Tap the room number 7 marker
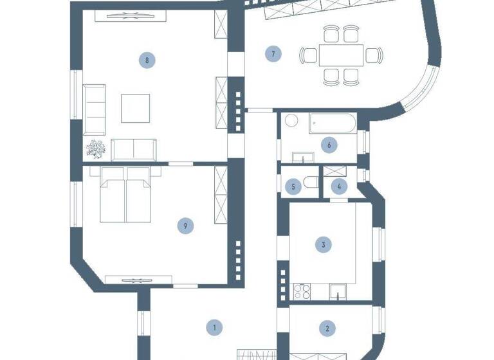coord(273,54)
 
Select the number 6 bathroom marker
coord(329,145)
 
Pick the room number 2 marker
coord(327,328)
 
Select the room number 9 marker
coord(185,225)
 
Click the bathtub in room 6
coord(332,123)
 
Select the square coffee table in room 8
coord(136,108)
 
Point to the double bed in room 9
coord(125,194)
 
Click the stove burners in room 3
coord(302,291)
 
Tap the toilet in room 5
coord(311,183)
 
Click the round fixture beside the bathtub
coord(291,121)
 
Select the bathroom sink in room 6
coord(302,157)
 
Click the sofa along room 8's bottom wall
coord(134,149)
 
